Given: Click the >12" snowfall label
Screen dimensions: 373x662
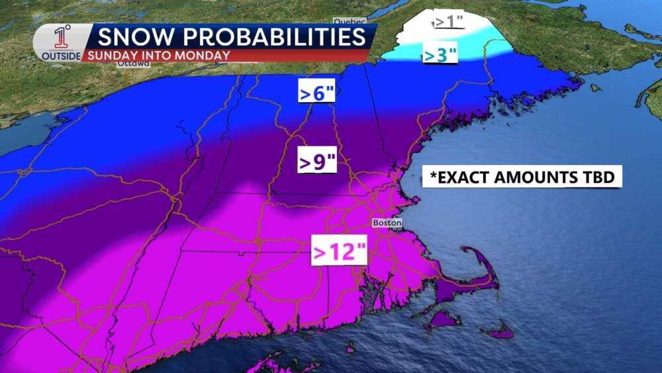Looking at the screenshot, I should [x=339, y=252].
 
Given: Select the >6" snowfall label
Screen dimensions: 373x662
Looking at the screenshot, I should [x=317, y=93].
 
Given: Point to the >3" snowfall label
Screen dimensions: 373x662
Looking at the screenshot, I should [x=440, y=55].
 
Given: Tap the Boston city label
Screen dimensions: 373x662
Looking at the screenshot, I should [x=387, y=223].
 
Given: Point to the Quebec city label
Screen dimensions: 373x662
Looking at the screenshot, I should [x=350, y=21].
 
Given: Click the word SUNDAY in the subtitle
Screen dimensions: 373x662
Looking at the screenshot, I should [x=109, y=55].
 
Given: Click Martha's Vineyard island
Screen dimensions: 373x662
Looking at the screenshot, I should [x=442, y=320].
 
